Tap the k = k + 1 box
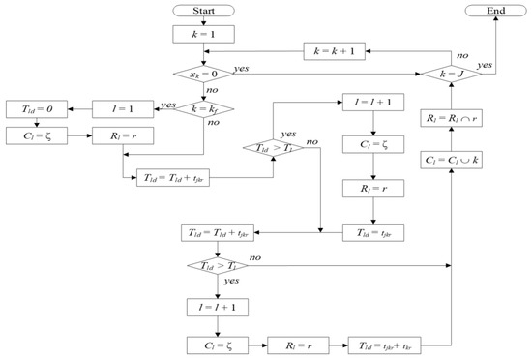[x=337, y=50]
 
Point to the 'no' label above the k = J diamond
[x=438, y=56]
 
